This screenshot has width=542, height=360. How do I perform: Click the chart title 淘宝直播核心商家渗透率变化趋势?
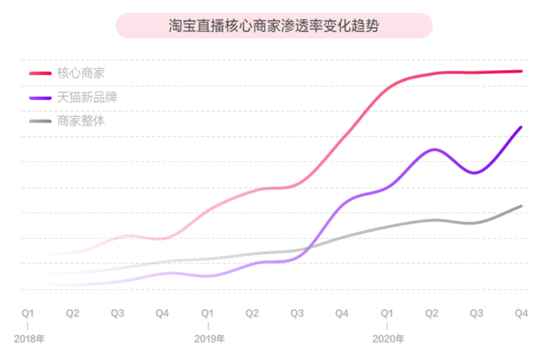[x=274, y=26]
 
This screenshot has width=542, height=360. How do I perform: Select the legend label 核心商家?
[x=81, y=73]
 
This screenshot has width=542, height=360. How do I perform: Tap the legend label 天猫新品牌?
[x=86, y=97]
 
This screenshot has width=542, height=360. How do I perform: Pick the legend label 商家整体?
[x=81, y=121]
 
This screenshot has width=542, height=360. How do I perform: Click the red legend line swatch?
[x=40, y=73]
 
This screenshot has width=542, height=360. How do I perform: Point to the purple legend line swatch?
[x=40, y=98]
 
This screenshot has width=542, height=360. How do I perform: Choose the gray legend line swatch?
[x=40, y=121]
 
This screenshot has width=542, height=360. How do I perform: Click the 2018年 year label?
[x=29, y=339]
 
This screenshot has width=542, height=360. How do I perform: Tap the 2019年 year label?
[x=209, y=339]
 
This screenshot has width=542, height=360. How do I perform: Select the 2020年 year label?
[x=388, y=339]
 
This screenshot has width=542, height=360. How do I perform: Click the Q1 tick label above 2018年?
[x=28, y=312]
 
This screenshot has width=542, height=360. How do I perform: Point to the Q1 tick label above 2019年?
[x=207, y=312]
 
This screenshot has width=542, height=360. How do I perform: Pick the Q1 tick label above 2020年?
[x=387, y=312]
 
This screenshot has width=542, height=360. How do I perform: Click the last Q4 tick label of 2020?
[x=521, y=312]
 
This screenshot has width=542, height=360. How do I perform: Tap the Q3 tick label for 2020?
[x=476, y=312]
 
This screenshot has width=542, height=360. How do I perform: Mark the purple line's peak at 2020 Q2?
[x=433, y=149]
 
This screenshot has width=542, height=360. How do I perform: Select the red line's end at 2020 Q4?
[x=521, y=71]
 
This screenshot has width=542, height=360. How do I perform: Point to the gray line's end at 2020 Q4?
[x=521, y=206]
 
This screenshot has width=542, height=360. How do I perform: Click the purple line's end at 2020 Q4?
[x=521, y=127]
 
